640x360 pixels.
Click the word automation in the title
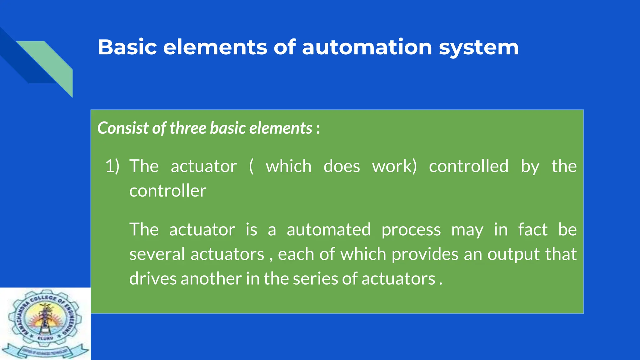pos(367,47)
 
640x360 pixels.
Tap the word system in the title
pos(478,47)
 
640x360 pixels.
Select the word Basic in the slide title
pos(127,47)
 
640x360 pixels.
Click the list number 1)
pos(112,166)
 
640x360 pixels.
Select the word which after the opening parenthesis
pos(288,166)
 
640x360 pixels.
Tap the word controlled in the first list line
pos(468,166)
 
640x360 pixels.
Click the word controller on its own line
pos(168,191)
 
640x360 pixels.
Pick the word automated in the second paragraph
pos(329,229)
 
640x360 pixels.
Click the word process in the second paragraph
pos(411,230)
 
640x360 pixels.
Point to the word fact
pos(532,229)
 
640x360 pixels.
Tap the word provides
pos(425,254)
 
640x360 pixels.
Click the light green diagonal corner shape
pos(53,64)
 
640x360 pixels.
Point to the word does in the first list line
pos(342,166)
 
